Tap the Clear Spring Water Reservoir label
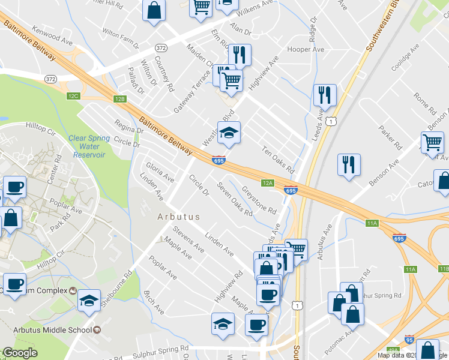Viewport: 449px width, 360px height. [89, 146]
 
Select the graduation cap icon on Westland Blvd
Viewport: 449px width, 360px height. [228, 133]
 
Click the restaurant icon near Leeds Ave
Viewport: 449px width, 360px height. [324, 95]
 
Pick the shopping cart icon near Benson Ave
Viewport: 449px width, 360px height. [432, 143]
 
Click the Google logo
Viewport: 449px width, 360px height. [20, 353]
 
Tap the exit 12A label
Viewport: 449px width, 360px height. [268, 182]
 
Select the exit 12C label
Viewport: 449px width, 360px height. [73, 96]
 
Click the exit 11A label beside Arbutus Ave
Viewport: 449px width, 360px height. [372, 223]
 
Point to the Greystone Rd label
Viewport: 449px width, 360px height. [259, 202]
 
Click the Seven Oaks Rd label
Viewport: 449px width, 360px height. [235, 200]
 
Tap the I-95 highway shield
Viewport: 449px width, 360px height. [409, 340]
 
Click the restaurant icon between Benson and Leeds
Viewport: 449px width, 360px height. [348, 164]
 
